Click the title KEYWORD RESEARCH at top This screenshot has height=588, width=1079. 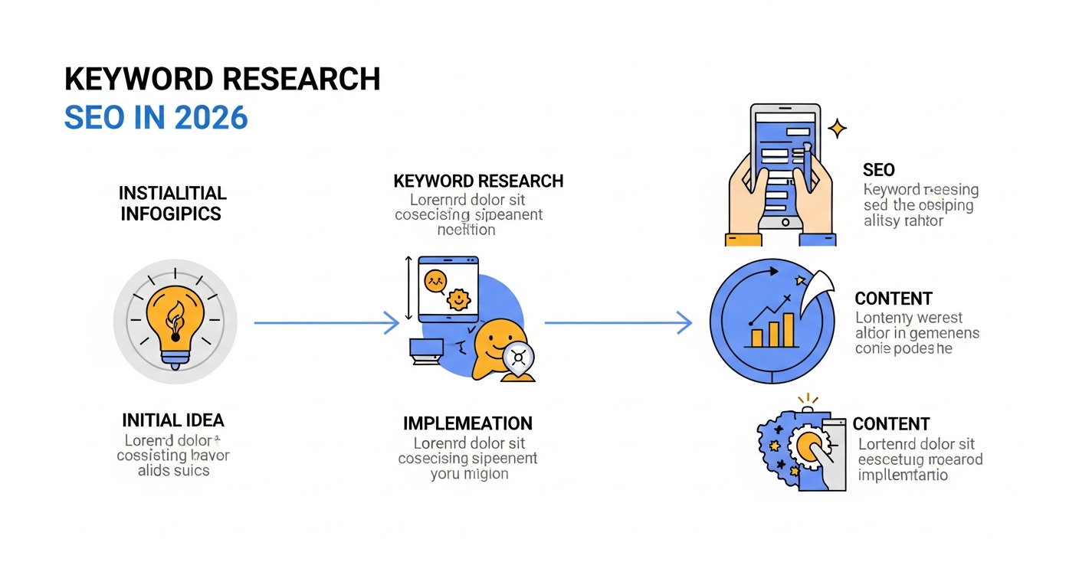click(x=222, y=80)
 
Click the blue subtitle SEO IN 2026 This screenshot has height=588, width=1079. click(x=156, y=117)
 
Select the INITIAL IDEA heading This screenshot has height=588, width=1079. click(x=173, y=420)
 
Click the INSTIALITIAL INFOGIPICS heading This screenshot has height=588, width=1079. click(x=173, y=203)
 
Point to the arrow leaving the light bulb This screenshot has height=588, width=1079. click(x=326, y=323)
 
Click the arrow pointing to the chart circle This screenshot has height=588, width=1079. click(x=618, y=323)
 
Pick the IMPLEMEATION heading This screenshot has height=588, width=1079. click(x=467, y=423)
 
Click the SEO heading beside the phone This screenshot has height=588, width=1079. click(x=878, y=169)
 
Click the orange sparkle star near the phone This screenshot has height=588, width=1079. click(x=838, y=128)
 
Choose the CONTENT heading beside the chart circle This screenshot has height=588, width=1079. click(x=894, y=299)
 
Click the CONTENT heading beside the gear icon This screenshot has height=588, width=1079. click(x=891, y=424)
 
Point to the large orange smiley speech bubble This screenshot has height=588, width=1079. click(x=498, y=348)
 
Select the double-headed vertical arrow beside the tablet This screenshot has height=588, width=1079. click(x=408, y=289)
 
